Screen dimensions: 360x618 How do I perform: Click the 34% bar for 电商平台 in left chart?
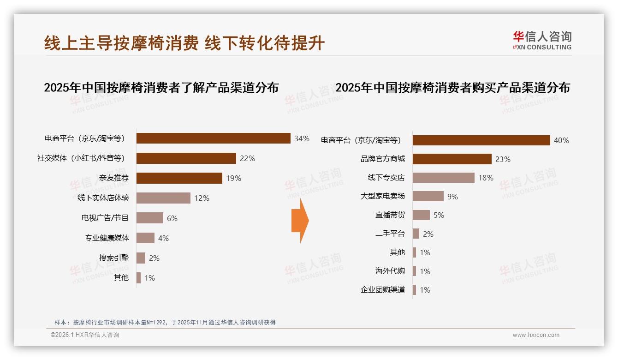point(213,138)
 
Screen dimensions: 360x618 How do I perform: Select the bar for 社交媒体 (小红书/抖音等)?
point(186,158)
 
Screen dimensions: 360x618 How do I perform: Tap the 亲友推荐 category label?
point(114,178)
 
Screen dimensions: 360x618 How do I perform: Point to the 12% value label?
point(202,198)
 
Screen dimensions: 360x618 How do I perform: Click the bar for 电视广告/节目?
point(150,218)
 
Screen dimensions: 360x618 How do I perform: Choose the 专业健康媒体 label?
point(107,238)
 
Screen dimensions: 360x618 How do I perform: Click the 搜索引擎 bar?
point(141,258)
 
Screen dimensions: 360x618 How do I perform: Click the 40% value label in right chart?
point(561,140)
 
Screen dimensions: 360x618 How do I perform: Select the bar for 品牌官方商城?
point(452,159)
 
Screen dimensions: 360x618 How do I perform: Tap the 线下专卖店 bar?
point(443,178)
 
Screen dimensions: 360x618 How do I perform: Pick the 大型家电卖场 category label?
point(382,196)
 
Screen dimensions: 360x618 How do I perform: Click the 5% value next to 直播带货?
point(439,215)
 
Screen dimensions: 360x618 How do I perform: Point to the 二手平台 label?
point(390,234)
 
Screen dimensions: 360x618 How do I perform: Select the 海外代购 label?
point(390,271)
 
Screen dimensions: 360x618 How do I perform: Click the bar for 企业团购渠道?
point(414,290)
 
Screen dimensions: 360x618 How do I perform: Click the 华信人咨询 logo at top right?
point(542,40)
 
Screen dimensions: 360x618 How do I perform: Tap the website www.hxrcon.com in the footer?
point(536,335)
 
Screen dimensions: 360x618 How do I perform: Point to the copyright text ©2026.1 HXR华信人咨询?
point(85,335)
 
